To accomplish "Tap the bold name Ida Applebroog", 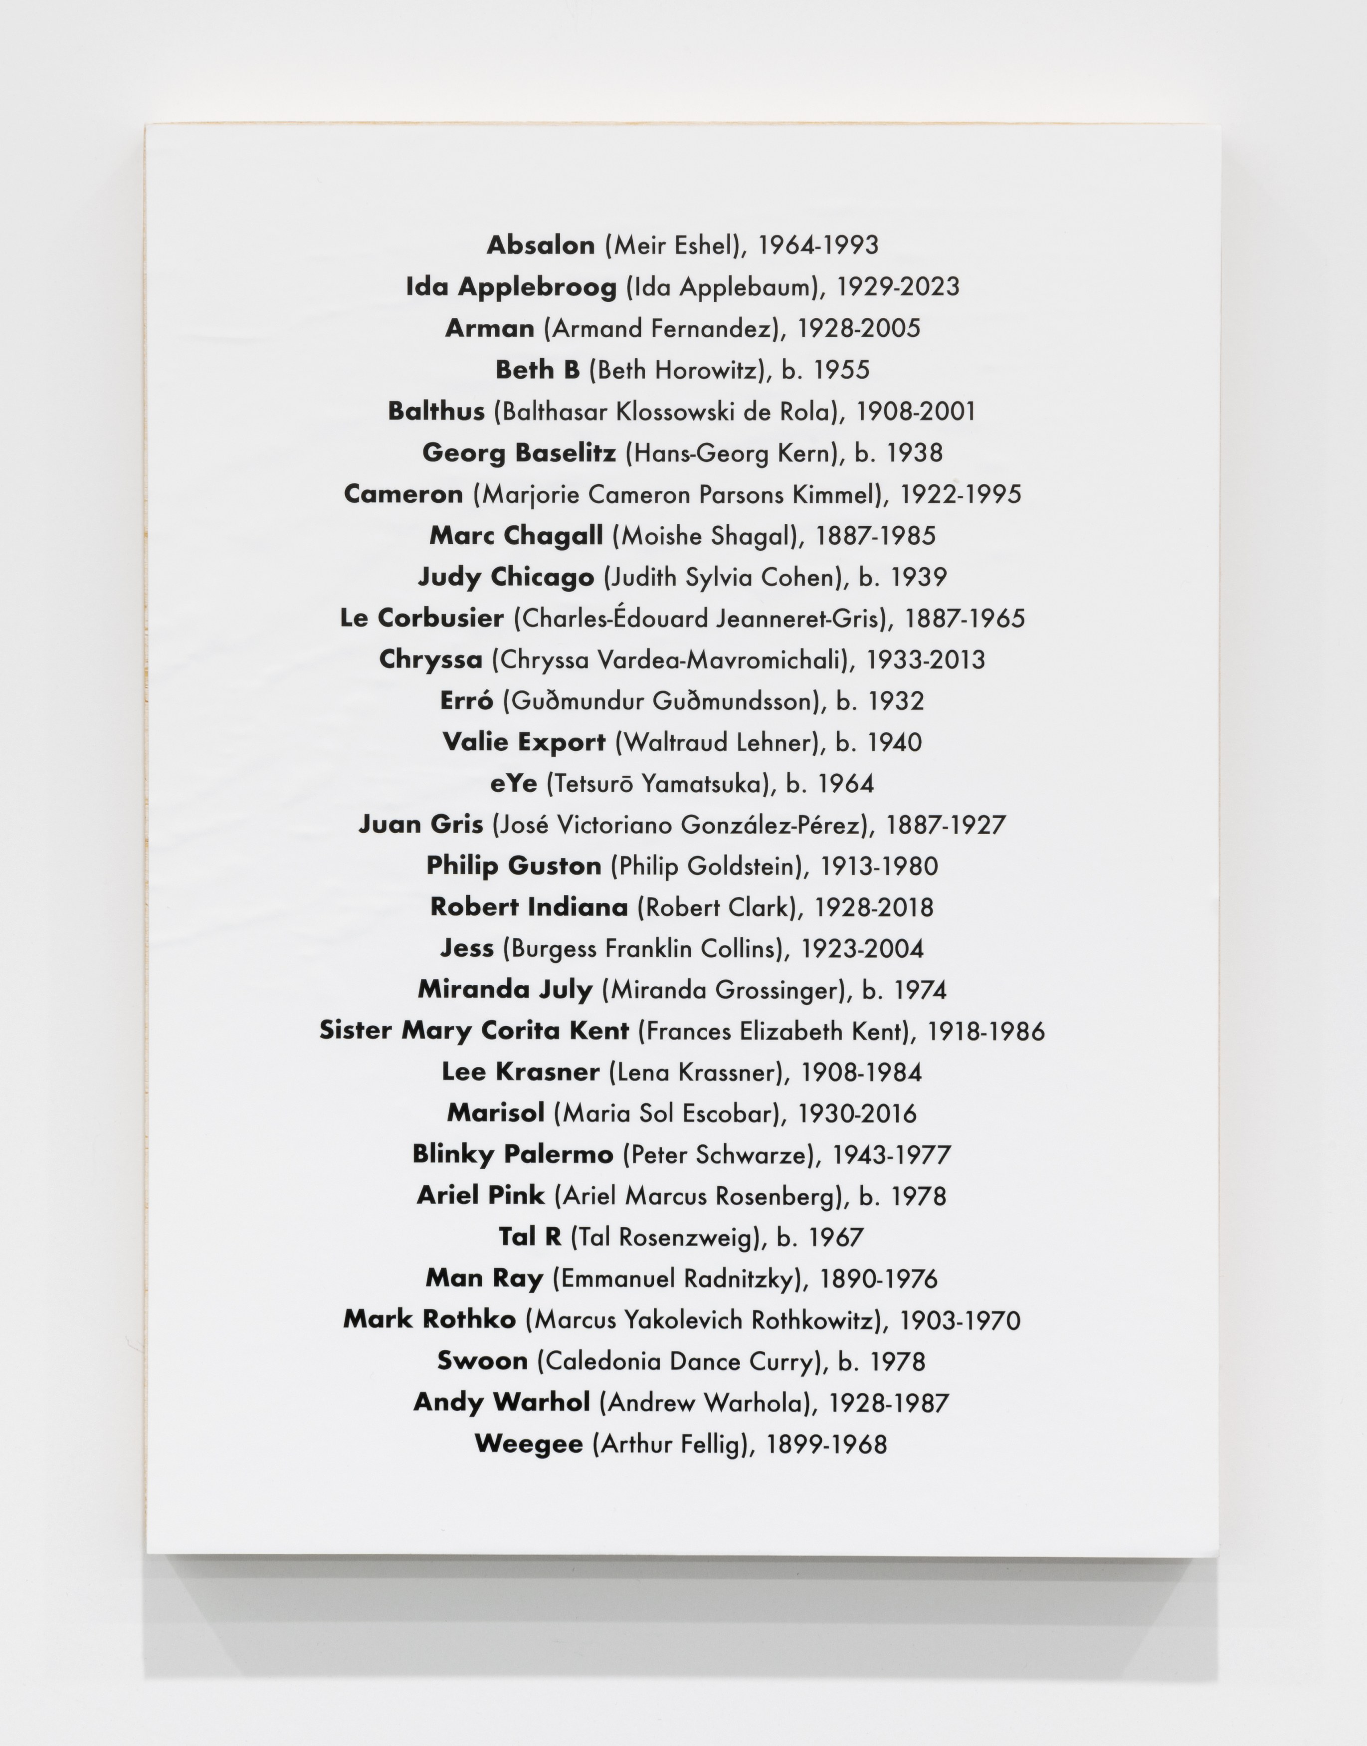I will click(x=511, y=287).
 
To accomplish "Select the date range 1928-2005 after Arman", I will click(x=859, y=328).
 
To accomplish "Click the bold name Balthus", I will click(x=436, y=412).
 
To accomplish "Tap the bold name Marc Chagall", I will click(x=516, y=536).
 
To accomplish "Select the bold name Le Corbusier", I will click(x=422, y=618).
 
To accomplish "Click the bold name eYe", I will click(x=513, y=783).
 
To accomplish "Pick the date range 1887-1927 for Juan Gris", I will click(x=945, y=825).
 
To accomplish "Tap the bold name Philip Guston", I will click(x=513, y=866).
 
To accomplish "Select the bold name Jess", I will click(x=467, y=949).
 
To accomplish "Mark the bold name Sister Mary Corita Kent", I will click(x=474, y=1031).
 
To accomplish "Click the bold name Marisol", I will click(x=495, y=1113).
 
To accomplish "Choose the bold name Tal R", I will click(x=530, y=1238).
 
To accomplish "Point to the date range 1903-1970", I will click(x=960, y=1320).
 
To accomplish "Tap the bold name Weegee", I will click(x=528, y=1444).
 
